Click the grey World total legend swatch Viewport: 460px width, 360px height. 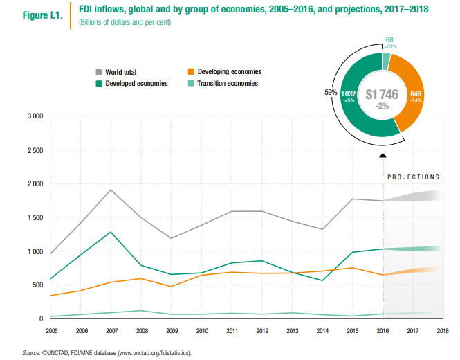pos(99,71)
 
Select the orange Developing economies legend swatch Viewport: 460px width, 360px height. pos(191,71)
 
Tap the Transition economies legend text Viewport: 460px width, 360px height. pos(228,83)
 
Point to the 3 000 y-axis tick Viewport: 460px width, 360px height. pos(35,116)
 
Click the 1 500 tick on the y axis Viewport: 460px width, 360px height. pos(35,217)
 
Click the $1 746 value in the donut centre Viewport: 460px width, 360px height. pos(382,95)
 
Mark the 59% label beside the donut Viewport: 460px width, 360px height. pos(331,91)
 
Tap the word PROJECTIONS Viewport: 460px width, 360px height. pos(413,177)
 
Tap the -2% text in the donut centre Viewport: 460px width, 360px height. pos(382,106)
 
